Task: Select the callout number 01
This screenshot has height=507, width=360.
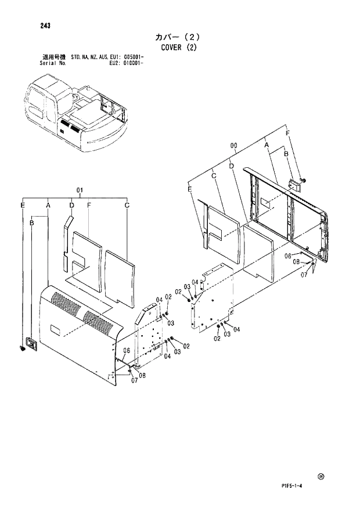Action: pos(80,190)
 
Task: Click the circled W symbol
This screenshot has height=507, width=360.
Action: pos(320,477)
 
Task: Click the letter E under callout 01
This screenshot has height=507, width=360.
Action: pos(23,205)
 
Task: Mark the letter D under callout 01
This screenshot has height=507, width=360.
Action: pos(71,205)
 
